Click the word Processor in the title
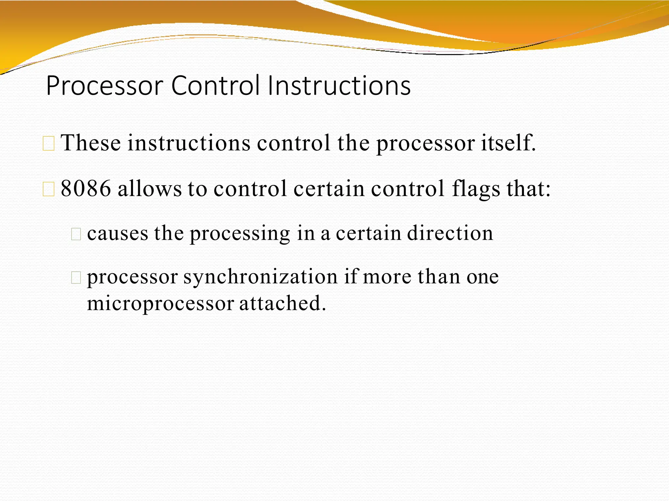pyautogui.click(x=105, y=86)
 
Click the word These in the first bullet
pyautogui.click(x=91, y=143)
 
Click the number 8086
pyautogui.click(x=86, y=189)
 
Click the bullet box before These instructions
pyautogui.click(x=49, y=144)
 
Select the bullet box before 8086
pyautogui.click(x=49, y=190)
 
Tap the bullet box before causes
pyautogui.click(x=76, y=234)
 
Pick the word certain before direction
pyautogui.click(x=368, y=233)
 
